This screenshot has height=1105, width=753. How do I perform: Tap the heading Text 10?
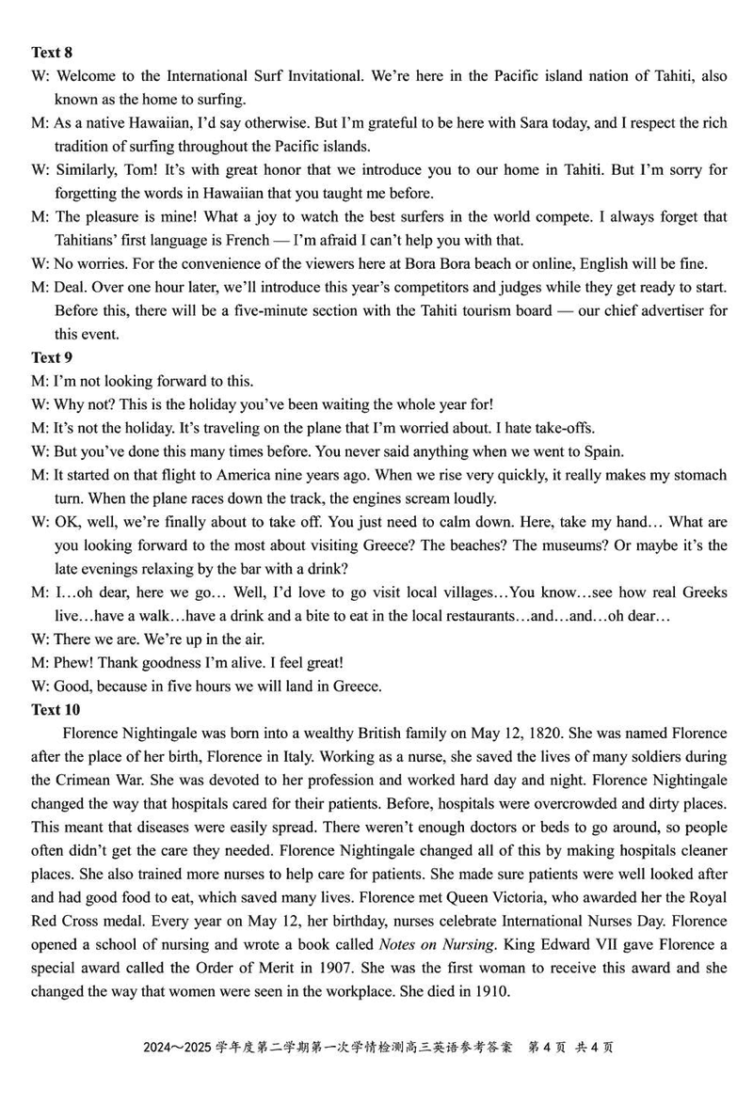pyautogui.click(x=56, y=709)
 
